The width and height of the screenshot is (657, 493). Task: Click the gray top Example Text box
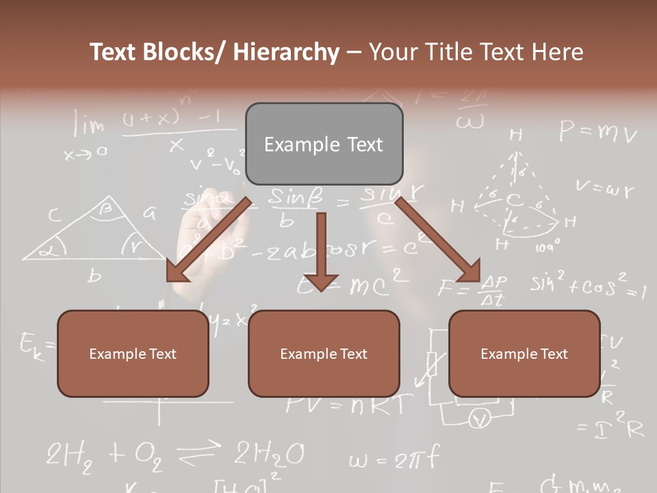(324, 144)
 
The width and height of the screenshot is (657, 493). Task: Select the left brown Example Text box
(133, 353)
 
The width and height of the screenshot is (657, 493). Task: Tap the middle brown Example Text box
(324, 353)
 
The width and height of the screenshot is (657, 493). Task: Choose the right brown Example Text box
(524, 353)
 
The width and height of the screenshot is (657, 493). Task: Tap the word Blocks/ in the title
(180, 52)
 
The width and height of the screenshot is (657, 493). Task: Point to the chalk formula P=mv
(597, 131)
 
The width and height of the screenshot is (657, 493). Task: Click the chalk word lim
(90, 125)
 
